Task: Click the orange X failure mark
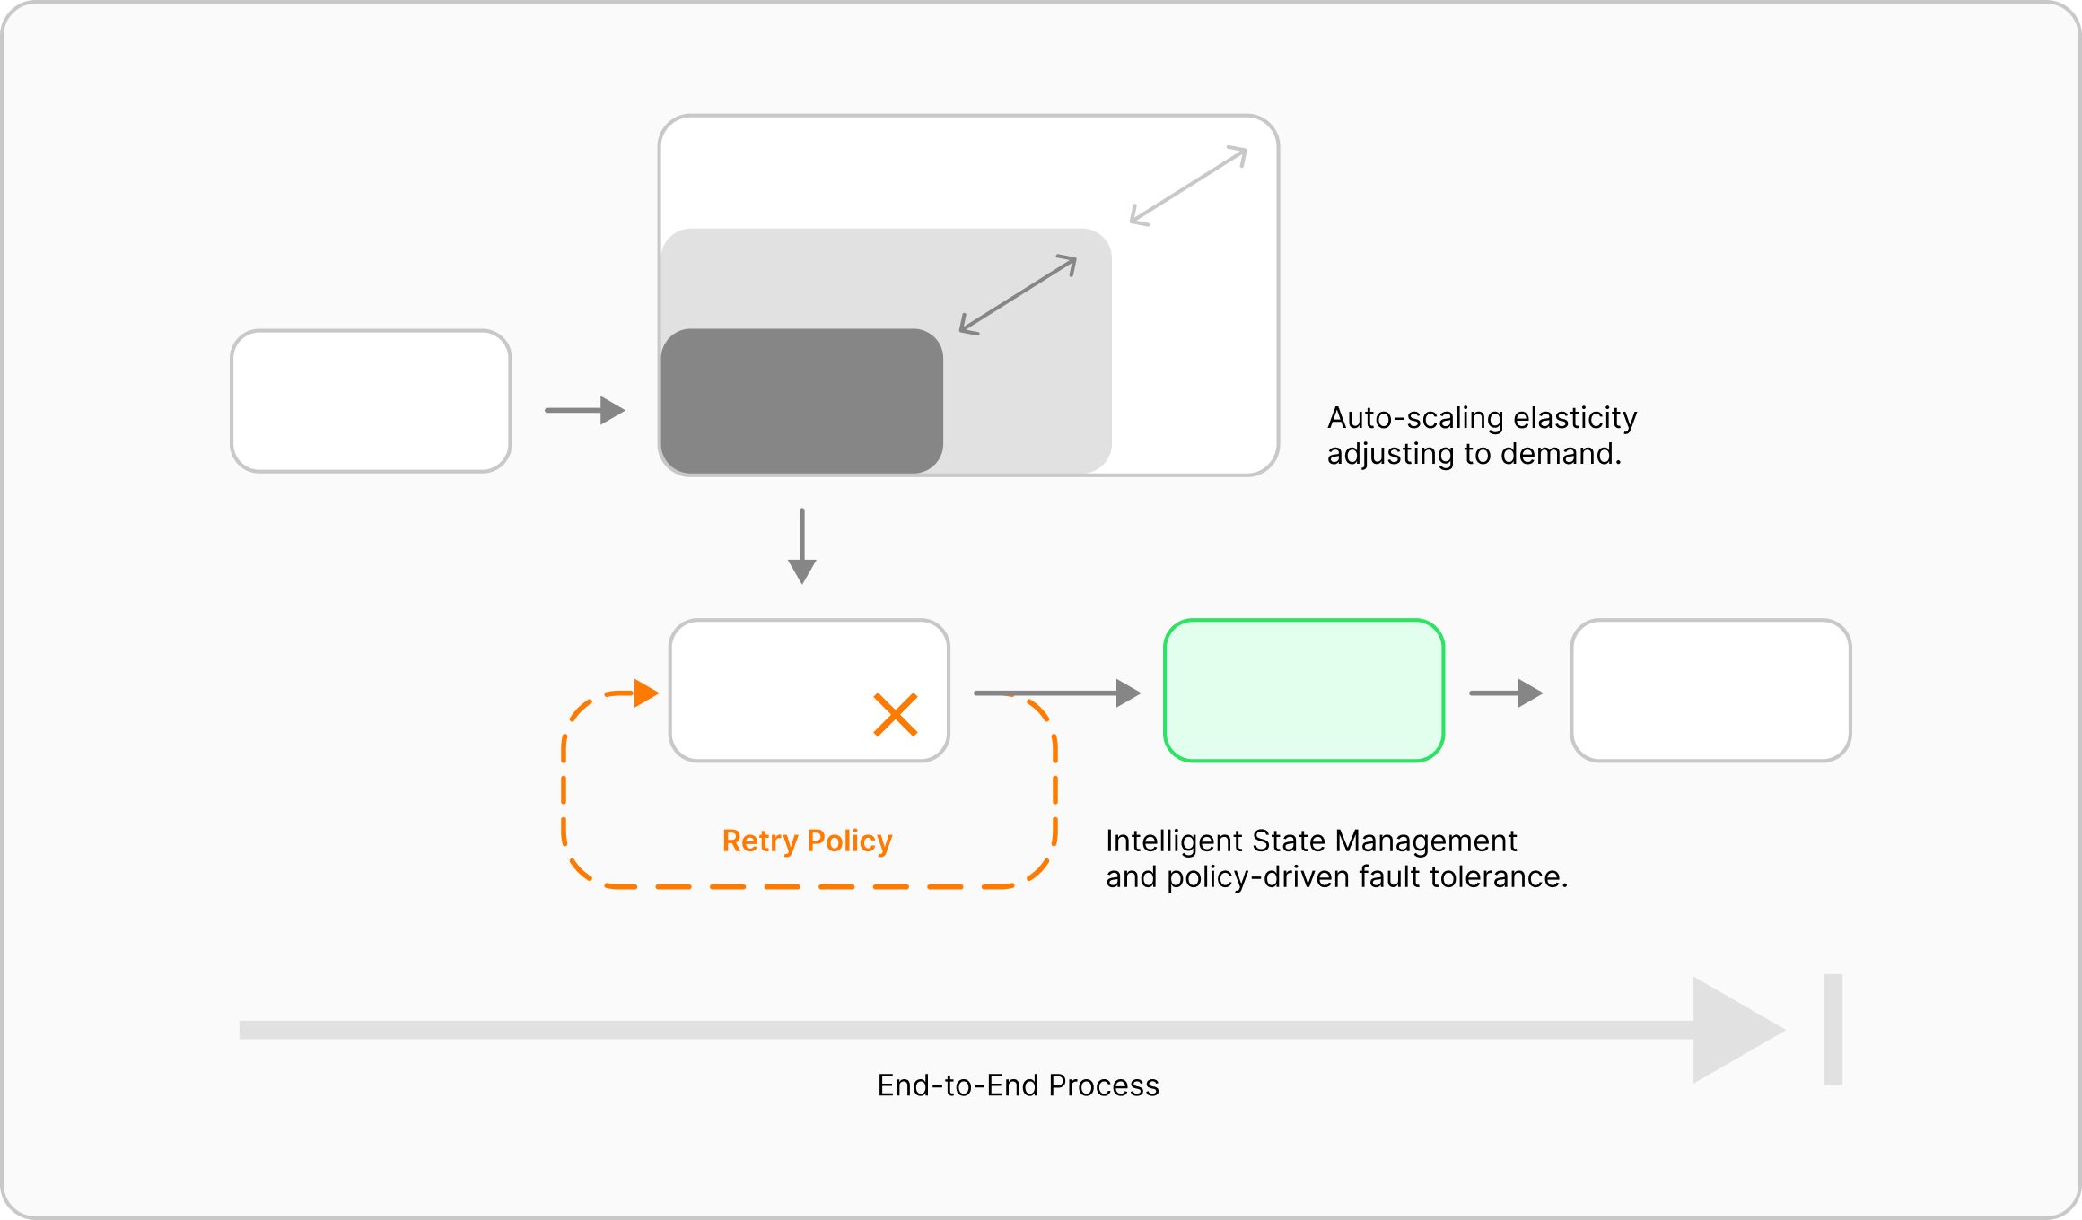coord(895,715)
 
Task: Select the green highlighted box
coord(1303,691)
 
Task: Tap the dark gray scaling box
coord(801,401)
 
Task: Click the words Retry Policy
coord(807,841)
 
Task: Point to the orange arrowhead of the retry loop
coord(646,693)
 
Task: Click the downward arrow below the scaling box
coord(801,547)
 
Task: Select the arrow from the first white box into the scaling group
coord(585,410)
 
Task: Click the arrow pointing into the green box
coord(1057,693)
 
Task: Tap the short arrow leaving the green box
coord(1506,693)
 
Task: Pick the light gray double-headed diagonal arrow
coord(1188,186)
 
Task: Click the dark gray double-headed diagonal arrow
coord(1018,294)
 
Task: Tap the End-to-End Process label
coord(1018,1085)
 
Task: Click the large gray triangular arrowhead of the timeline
coord(1732,1030)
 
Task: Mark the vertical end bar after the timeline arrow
coord(1833,1030)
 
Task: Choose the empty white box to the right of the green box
coord(1710,691)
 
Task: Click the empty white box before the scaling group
coord(371,401)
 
